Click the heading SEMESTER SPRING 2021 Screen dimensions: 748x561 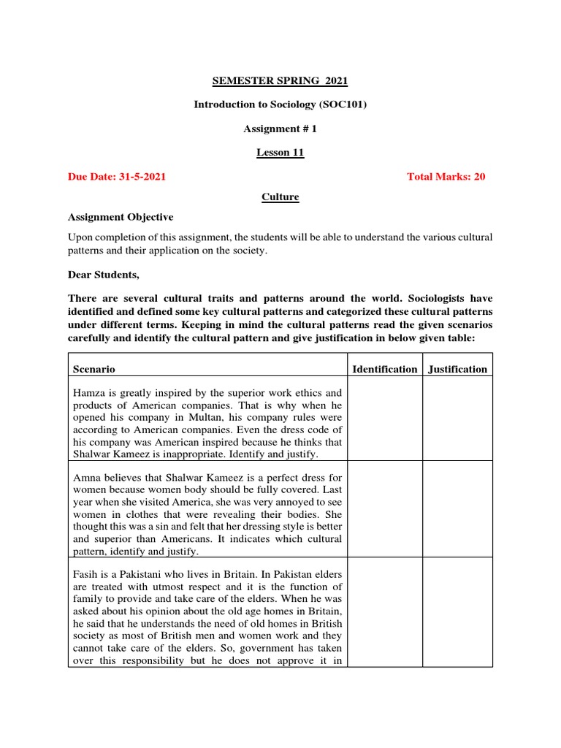click(280, 81)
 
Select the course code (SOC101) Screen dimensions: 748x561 click(343, 104)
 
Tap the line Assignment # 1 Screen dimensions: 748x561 click(280, 129)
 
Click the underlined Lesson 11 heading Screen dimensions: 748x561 click(280, 153)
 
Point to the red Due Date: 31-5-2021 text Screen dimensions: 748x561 click(116, 177)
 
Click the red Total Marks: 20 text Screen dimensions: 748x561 click(446, 177)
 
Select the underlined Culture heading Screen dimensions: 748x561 click(280, 197)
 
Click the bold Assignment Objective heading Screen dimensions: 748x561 click(121, 217)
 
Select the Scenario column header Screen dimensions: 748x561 click(93, 370)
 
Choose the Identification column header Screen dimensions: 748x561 click(385, 370)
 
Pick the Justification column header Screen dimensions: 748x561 click(458, 370)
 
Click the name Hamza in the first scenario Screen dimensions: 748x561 click(88, 393)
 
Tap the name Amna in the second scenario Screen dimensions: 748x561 click(87, 475)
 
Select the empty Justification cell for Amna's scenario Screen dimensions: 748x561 click(458, 509)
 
